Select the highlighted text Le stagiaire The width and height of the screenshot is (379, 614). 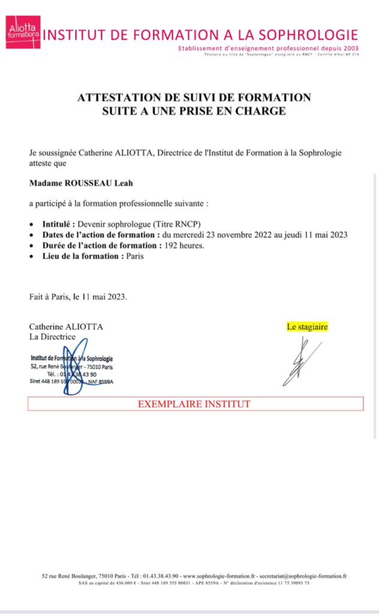point(308,327)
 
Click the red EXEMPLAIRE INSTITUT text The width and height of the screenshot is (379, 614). point(194,404)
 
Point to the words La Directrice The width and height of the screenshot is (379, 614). point(53,336)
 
